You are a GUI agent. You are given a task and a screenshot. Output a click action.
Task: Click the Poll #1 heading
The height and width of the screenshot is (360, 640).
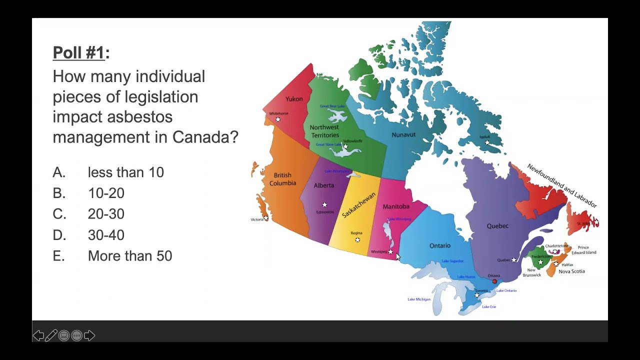(79, 52)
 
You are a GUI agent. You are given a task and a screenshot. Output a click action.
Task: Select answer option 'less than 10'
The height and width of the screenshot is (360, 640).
(125, 172)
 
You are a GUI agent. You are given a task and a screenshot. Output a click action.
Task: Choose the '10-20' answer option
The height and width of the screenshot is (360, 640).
(106, 193)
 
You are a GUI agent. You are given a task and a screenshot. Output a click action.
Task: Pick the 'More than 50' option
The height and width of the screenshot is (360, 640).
(129, 256)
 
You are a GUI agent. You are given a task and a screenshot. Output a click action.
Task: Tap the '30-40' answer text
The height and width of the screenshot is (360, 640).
(106, 235)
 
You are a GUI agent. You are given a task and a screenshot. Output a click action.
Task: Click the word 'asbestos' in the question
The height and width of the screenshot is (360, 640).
(139, 116)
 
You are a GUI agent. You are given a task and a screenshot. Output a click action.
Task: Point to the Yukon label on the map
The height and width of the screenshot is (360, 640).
(294, 99)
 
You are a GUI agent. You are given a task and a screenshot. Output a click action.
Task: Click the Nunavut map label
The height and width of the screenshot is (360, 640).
(403, 135)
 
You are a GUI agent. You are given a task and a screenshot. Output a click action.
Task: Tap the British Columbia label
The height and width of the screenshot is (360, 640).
(282, 179)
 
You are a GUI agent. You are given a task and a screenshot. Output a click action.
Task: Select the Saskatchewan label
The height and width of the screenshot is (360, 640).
(358, 205)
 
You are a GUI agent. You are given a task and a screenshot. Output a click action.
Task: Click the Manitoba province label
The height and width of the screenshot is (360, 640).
(396, 206)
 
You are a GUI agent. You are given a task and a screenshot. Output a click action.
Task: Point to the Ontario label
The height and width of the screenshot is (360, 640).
(440, 245)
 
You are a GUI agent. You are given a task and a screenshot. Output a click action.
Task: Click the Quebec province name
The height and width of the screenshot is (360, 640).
(497, 226)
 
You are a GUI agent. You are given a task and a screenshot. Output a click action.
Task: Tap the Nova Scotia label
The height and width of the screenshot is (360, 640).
(571, 271)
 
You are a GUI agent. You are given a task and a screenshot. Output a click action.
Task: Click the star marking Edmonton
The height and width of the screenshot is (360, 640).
(324, 204)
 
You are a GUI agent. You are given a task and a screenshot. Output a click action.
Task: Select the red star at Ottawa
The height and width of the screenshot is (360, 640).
(494, 281)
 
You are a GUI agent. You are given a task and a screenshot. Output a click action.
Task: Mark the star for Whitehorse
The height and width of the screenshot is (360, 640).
(278, 119)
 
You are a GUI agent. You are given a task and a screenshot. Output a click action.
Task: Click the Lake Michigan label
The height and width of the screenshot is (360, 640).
(419, 299)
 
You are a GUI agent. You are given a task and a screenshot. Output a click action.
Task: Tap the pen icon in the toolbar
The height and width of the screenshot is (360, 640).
(51, 335)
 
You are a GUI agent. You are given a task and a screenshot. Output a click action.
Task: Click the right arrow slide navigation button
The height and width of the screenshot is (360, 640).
(89, 335)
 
